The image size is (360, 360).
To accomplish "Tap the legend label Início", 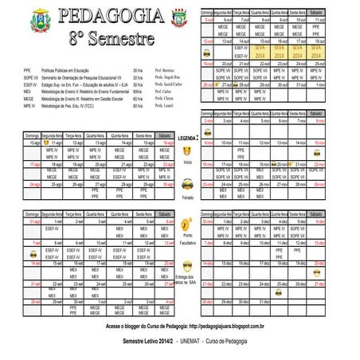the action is [x=187, y=161].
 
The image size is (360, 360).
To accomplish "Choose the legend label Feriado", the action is [x=187, y=196].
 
